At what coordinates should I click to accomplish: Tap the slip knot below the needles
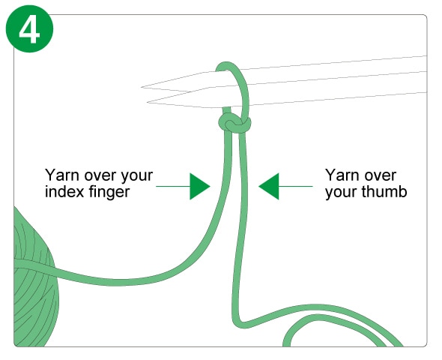click(234, 123)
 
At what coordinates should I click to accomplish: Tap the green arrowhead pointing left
click(269, 187)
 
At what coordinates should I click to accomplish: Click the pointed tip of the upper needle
click(142, 87)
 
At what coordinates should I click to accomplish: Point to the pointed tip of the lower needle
click(148, 102)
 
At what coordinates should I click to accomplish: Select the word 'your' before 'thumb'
click(342, 193)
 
